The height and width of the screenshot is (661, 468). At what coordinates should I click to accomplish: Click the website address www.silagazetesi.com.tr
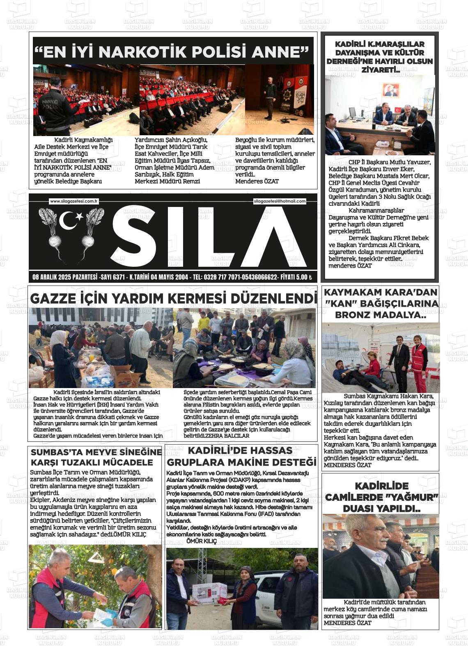73,201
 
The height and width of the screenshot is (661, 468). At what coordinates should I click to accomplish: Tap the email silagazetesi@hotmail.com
280,201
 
